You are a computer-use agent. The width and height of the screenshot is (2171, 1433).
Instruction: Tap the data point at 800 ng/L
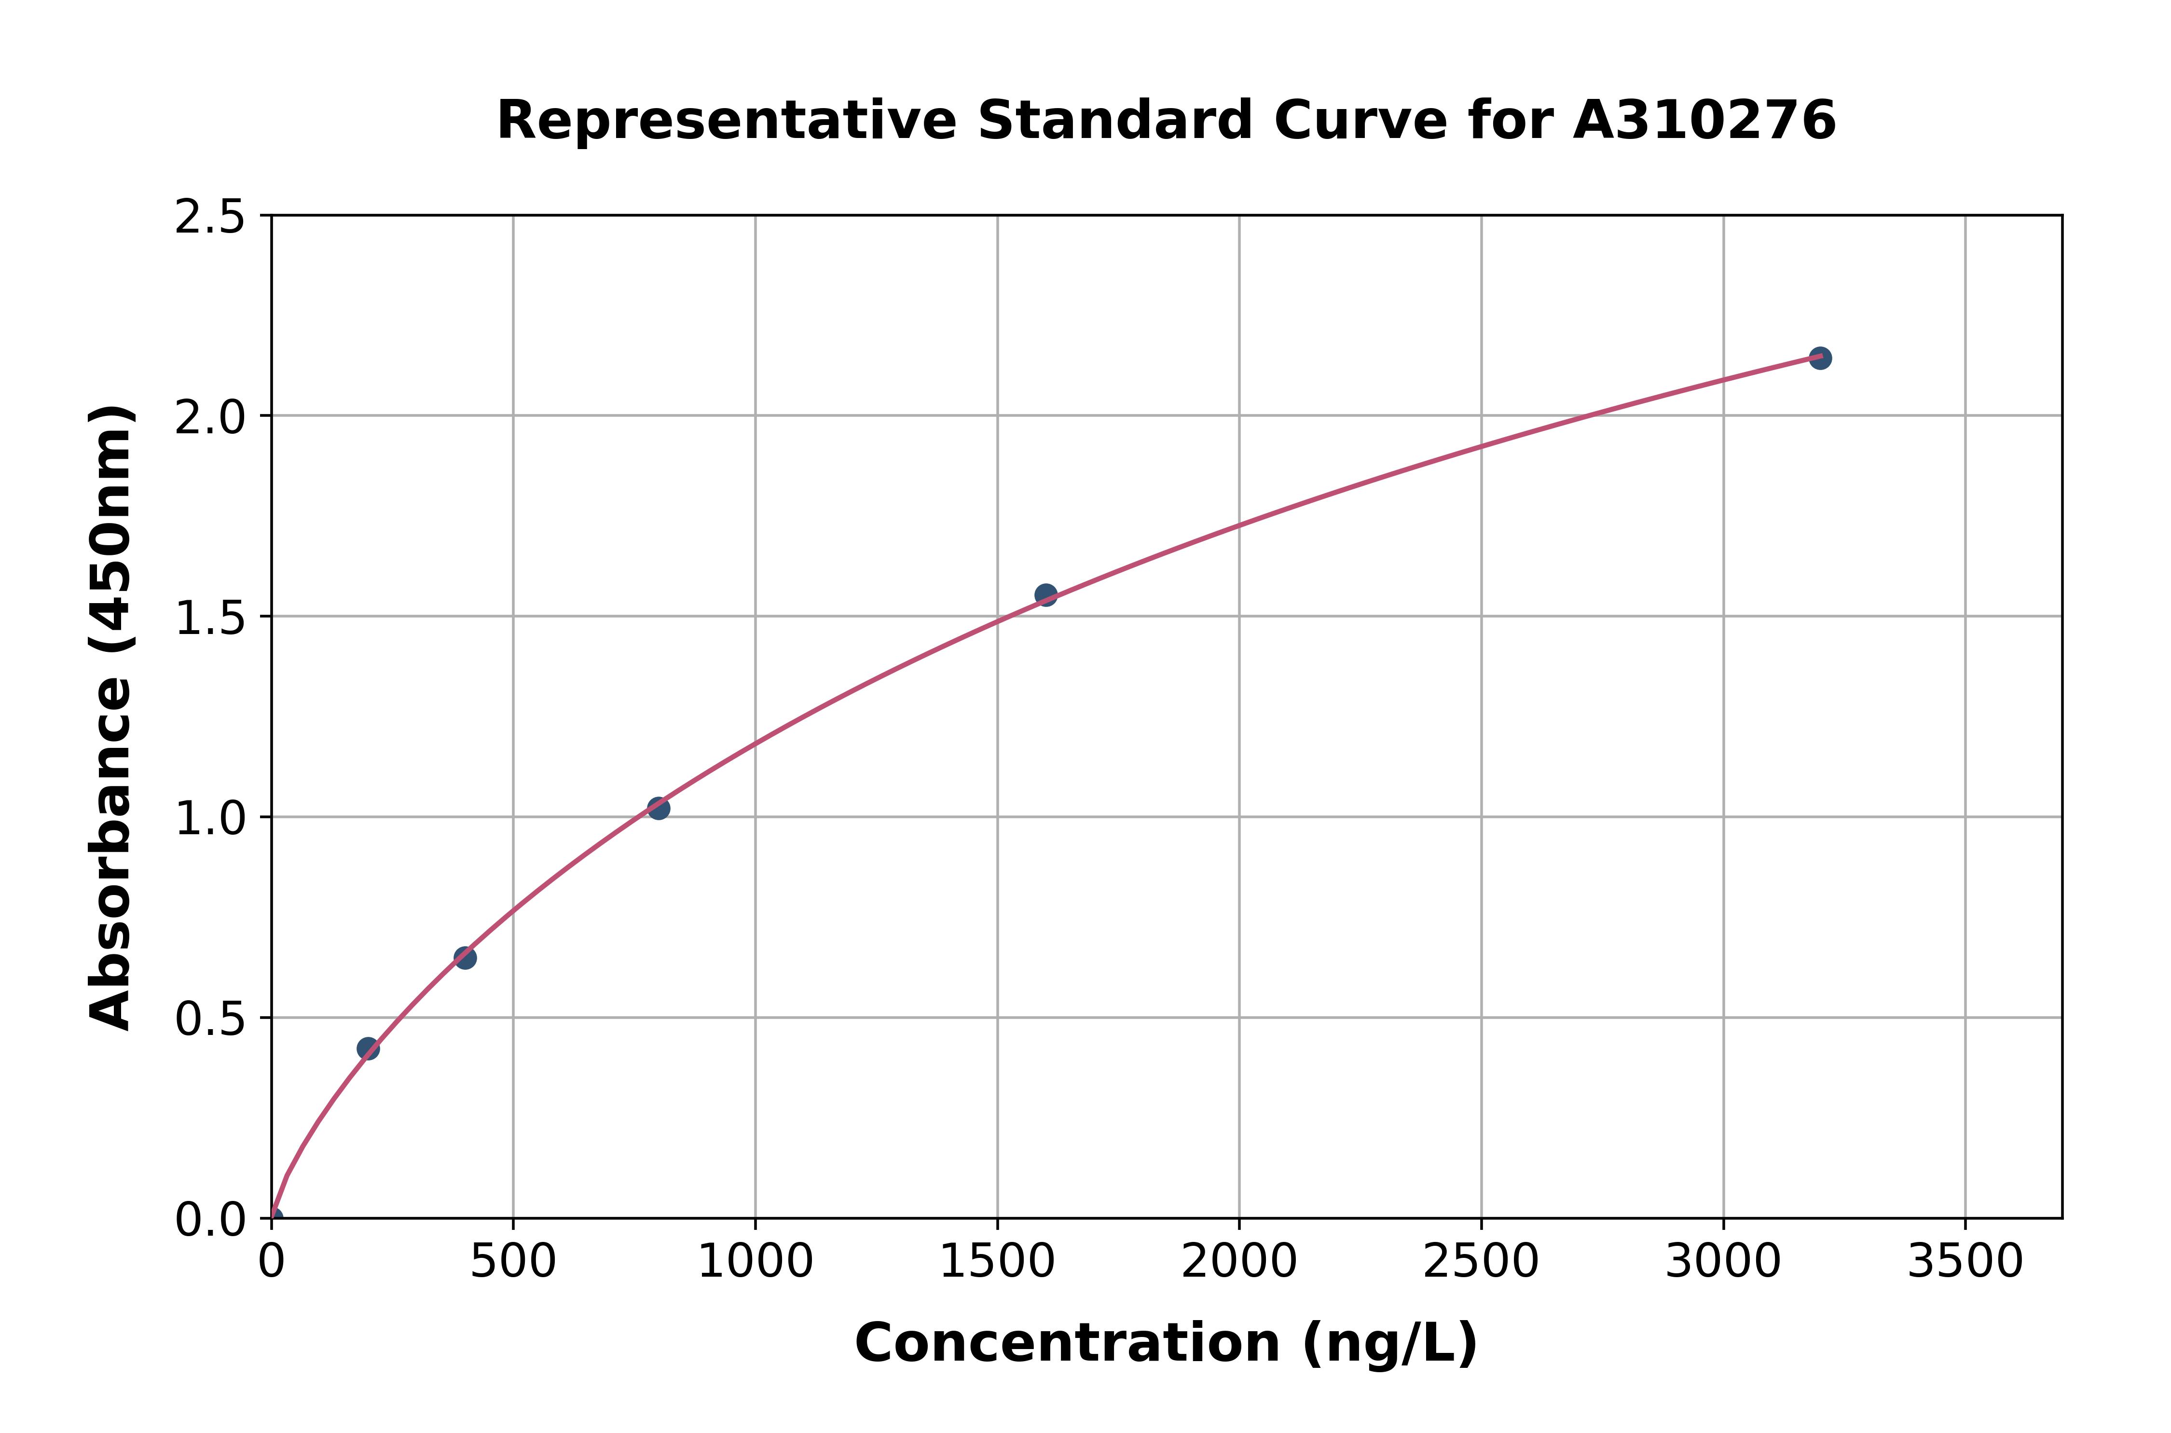tap(658, 808)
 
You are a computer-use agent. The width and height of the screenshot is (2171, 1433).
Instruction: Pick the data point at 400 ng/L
tap(465, 958)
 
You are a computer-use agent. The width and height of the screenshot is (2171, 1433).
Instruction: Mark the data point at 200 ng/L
tap(368, 1048)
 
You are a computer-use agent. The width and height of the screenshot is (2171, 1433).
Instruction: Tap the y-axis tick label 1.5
tap(210, 618)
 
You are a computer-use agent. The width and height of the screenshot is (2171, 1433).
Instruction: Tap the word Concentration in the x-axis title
tap(1067, 1343)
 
